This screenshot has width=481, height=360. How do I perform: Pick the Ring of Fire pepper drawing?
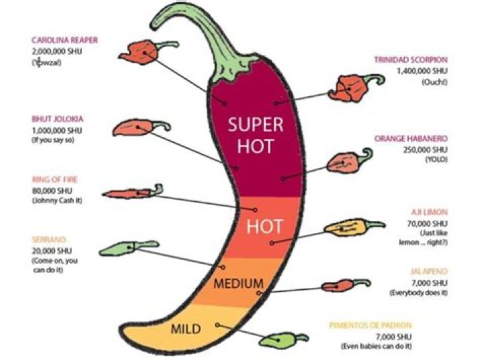coord(130,193)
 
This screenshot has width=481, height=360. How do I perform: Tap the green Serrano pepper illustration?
coord(120,249)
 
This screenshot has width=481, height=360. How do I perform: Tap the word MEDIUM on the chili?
coord(238,284)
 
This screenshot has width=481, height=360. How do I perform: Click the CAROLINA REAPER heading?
coord(65,40)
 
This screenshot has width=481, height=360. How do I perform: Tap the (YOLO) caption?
coord(436,160)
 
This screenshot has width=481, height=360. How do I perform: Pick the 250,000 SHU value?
coord(426,150)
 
